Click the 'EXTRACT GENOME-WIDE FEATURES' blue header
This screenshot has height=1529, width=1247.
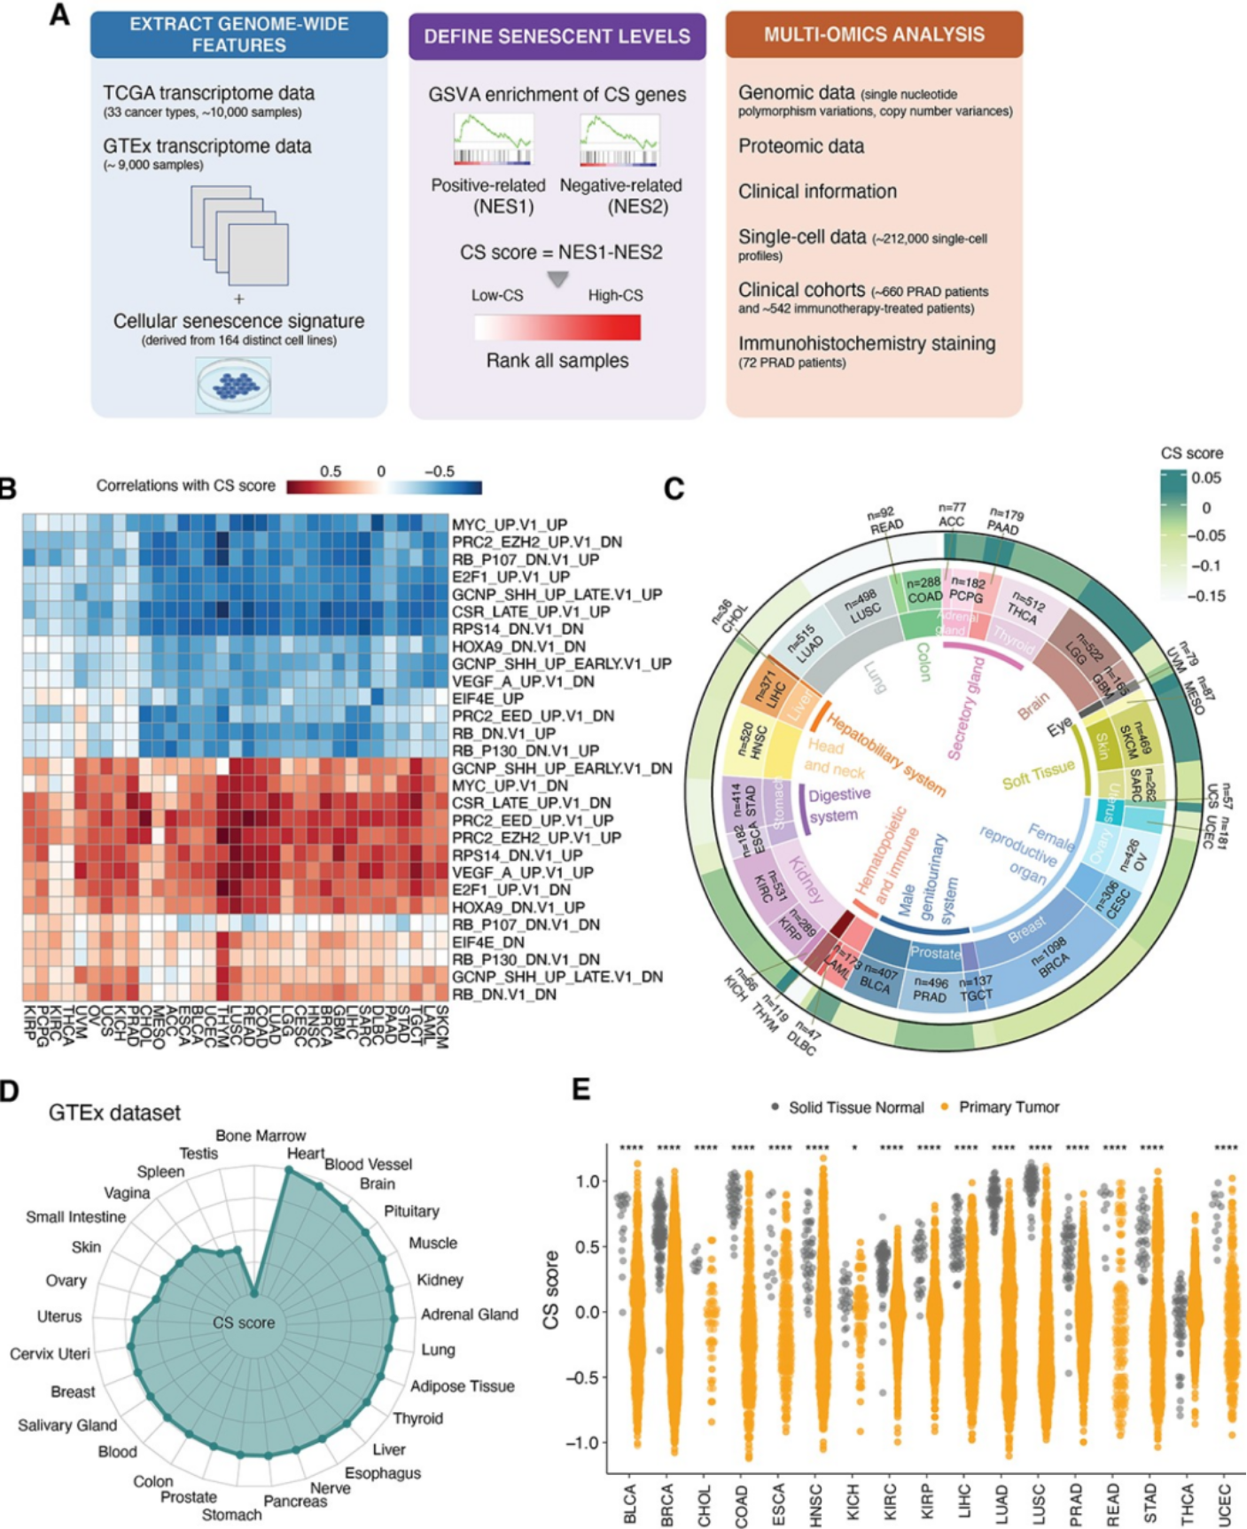239,35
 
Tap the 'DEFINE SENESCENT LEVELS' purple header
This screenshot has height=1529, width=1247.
557,36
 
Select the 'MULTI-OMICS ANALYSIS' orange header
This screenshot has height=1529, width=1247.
874,35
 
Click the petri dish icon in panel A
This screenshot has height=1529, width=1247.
234,386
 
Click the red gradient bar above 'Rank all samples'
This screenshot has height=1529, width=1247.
557,328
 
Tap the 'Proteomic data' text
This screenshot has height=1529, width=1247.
801,146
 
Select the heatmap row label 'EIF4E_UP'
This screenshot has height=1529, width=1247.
487,698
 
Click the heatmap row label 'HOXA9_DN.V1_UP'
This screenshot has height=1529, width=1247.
518,907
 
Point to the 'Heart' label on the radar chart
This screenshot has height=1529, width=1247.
305,1153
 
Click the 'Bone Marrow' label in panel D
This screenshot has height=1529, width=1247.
261,1135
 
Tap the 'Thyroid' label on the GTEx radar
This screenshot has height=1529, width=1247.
417,1418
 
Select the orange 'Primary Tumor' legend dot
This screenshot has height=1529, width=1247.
946,1107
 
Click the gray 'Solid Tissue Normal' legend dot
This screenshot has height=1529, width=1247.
775,1107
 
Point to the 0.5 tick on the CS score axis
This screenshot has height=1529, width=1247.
587,1247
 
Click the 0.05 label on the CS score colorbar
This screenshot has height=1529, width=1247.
1206,478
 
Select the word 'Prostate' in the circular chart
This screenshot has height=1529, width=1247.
936,954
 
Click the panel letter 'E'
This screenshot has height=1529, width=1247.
581,1089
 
